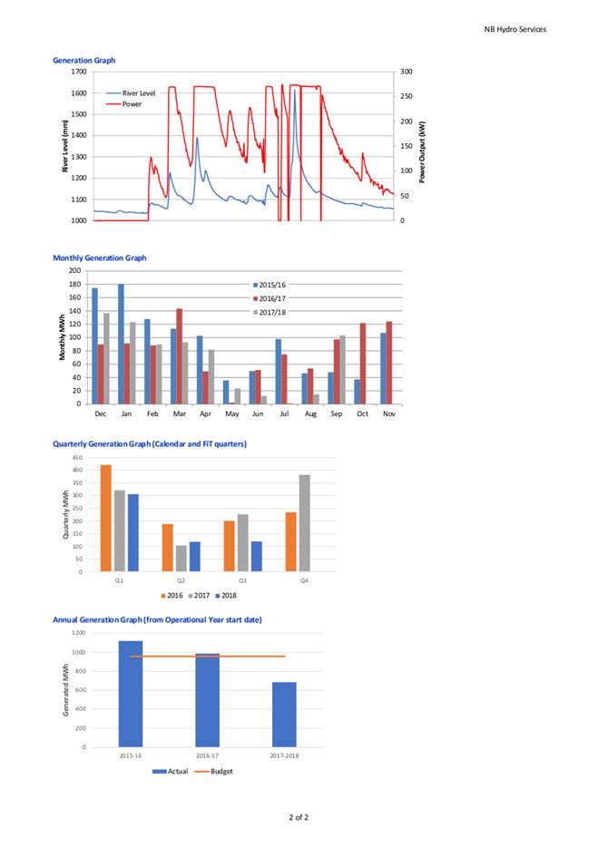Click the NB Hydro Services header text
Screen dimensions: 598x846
tap(515, 30)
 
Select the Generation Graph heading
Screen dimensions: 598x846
tap(83, 61)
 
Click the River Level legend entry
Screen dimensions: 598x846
tap(131, 92)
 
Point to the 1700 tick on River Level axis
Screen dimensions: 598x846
tap(79, 72)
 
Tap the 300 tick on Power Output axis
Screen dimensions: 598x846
tap(407, 72)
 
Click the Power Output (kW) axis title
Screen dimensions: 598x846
tap(422, 151)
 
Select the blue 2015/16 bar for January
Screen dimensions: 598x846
tap(121, 344)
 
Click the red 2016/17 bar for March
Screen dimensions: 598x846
tap(179, 356)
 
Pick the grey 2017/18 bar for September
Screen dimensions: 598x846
tap(342, 370)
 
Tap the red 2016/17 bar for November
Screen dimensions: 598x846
tap(388, 363)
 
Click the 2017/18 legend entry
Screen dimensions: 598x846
tap(270, 313)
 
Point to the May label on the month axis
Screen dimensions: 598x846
tap(231, 413)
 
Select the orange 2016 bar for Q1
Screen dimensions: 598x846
tap(106, 518)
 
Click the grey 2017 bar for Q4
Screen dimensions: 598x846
tap(304, 523)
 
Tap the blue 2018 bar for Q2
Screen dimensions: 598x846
tap(195, 557)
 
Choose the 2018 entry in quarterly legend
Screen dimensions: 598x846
tap(226, 596)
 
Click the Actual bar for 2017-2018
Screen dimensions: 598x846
tap(284, 715)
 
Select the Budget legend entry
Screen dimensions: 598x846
tap(214, 772)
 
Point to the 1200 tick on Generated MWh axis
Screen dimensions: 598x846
tap(79, 633)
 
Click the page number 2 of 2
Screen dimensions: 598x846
tap(299, 817)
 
